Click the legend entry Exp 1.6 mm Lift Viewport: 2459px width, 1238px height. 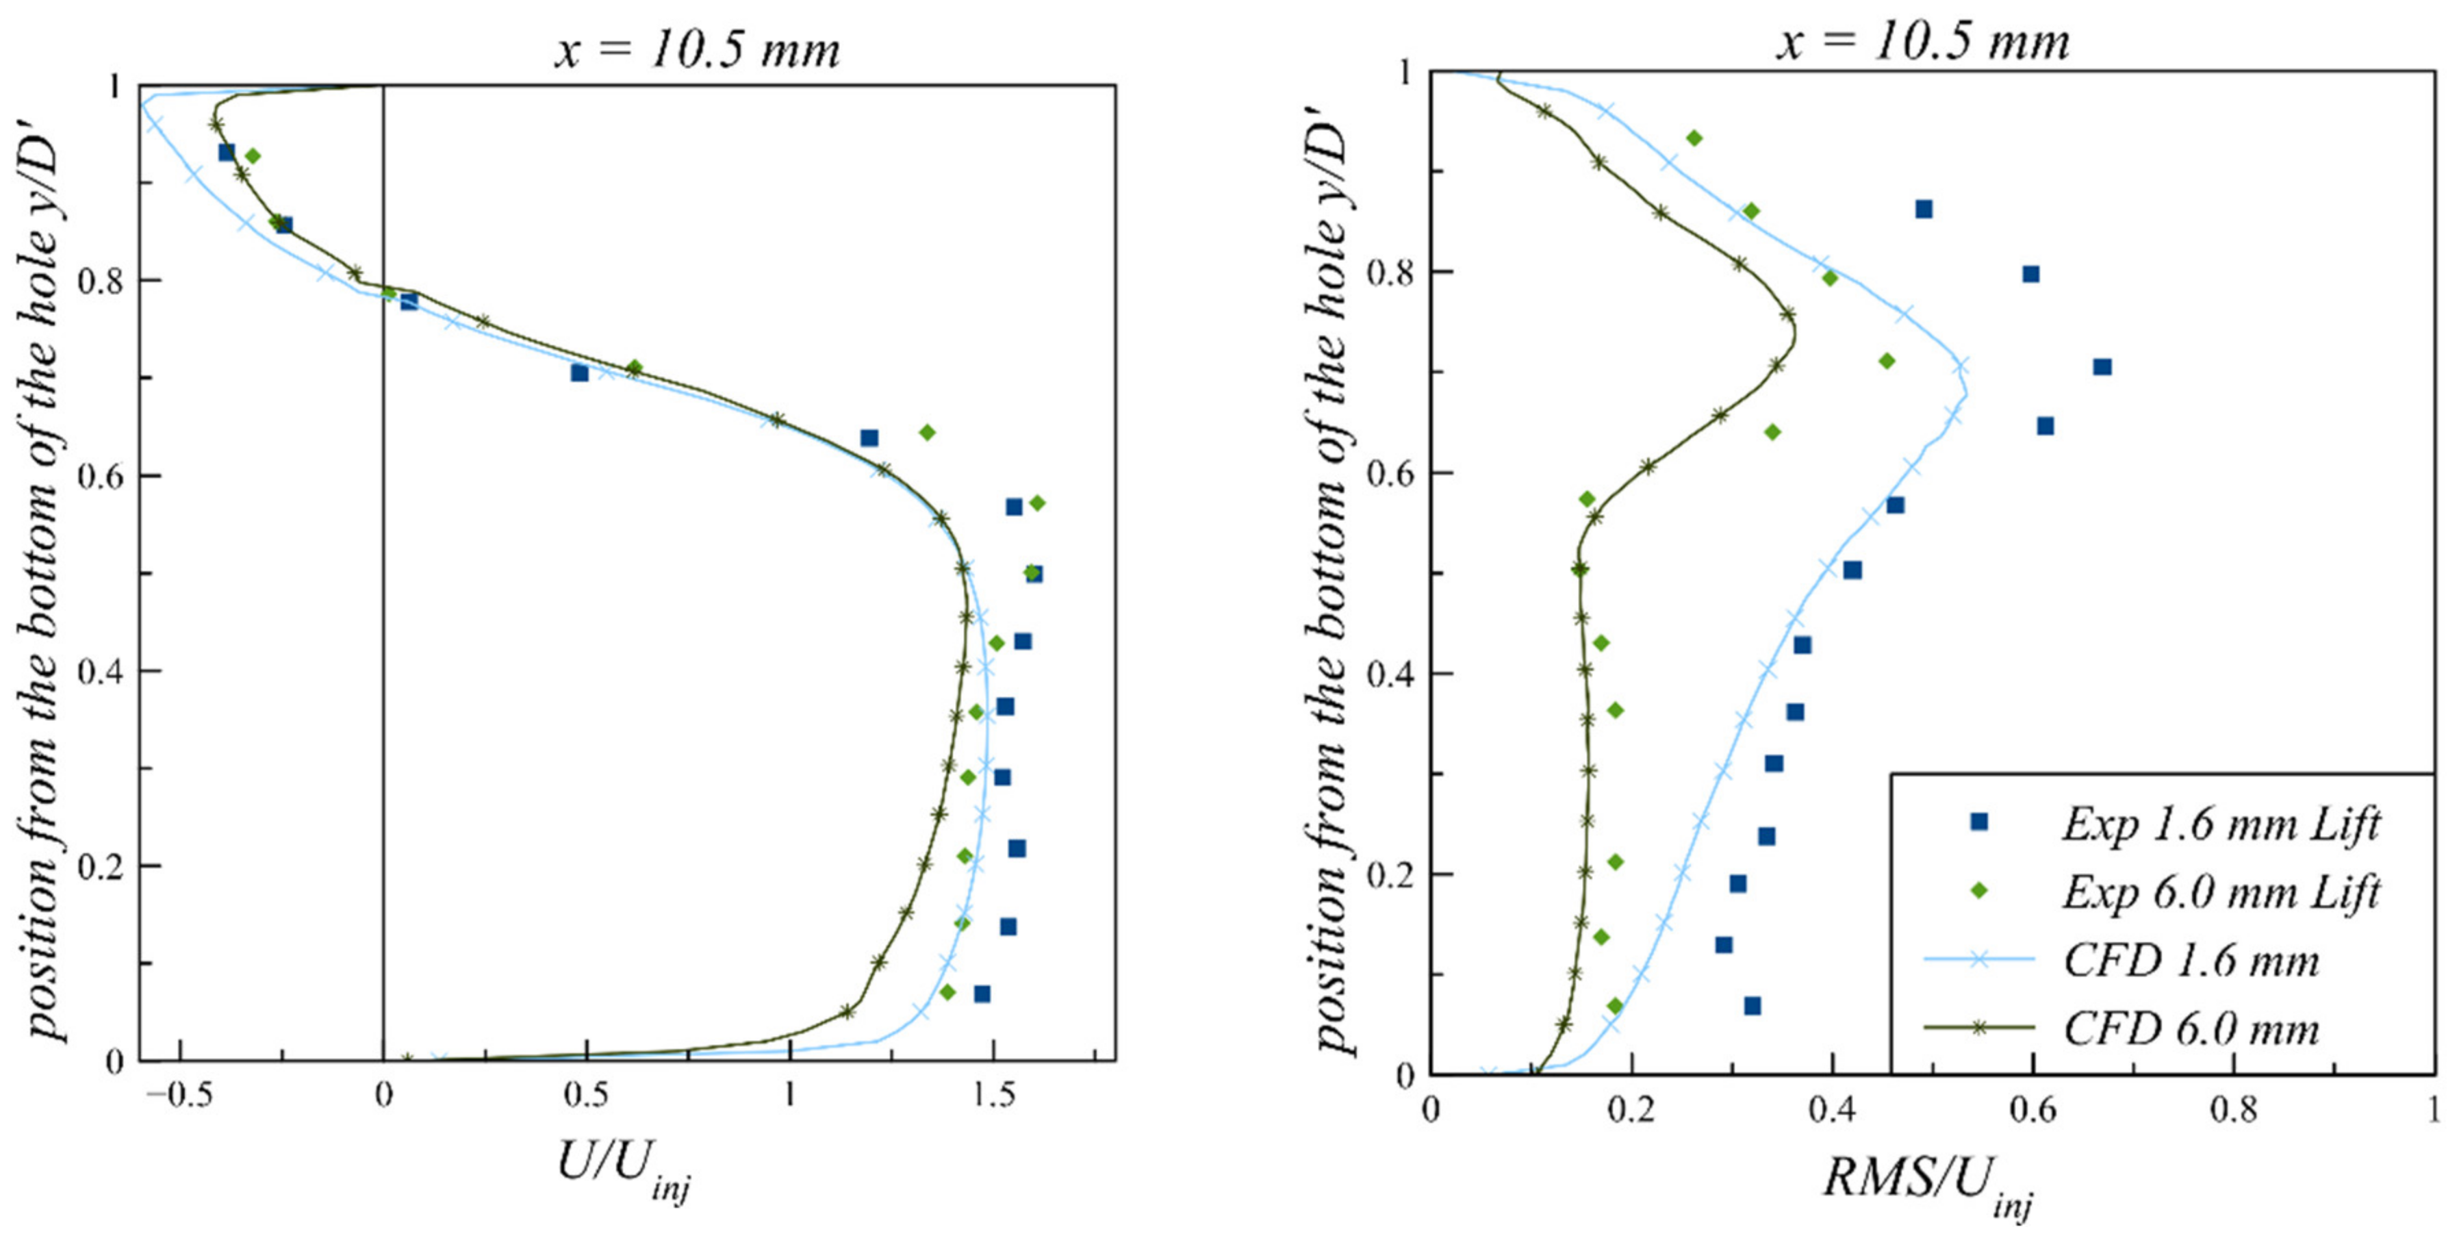[2220, 824]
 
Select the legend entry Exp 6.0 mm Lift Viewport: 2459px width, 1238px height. [2220, 892]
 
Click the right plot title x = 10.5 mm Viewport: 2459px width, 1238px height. [1922, 42]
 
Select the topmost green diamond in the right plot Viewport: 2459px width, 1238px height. [1694, 138]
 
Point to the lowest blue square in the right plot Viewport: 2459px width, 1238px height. [1753, 1006]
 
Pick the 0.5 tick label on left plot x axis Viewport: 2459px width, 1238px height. [585, 1096]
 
